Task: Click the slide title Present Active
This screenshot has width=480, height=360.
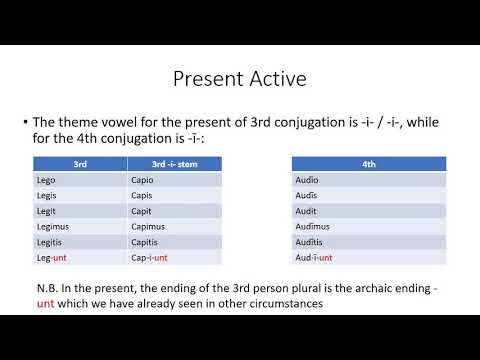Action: tap(239, 77)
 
